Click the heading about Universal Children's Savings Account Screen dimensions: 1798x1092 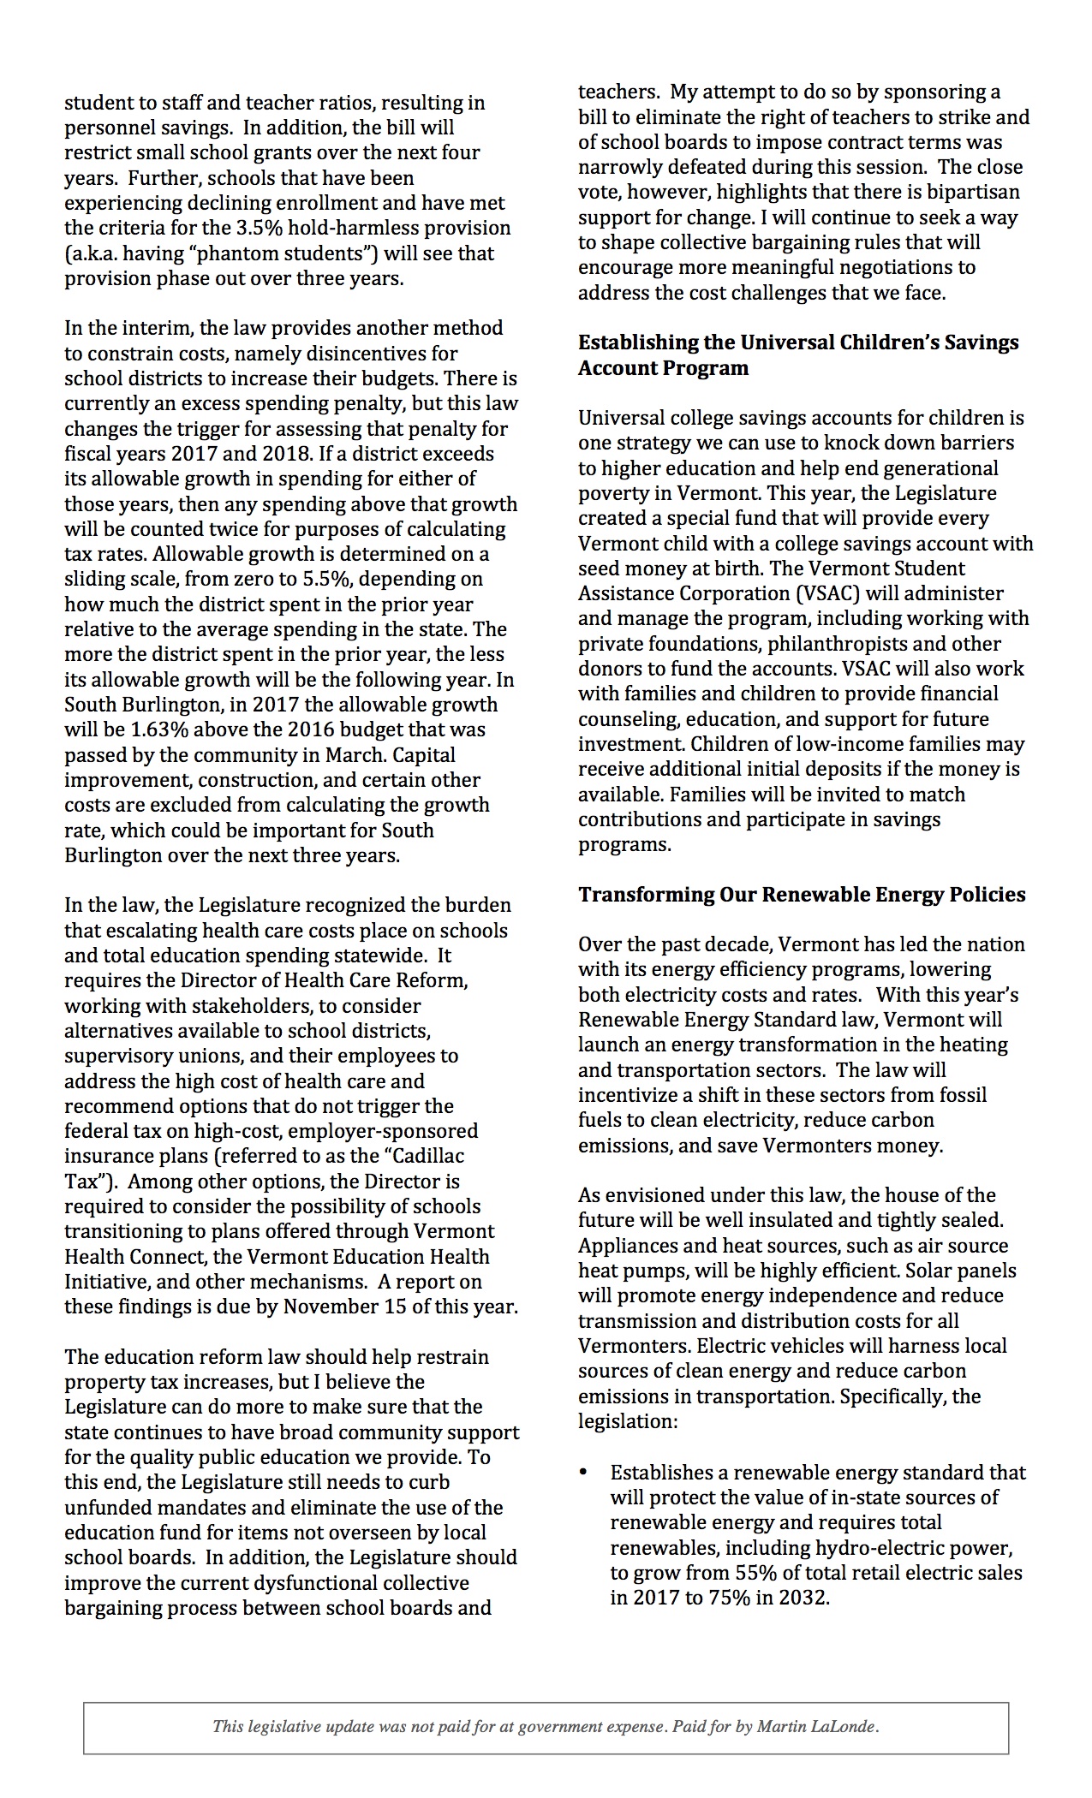798,354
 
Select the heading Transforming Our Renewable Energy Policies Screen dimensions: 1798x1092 802,895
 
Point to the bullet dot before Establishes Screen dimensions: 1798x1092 584,1473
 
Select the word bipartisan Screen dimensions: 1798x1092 974,193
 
